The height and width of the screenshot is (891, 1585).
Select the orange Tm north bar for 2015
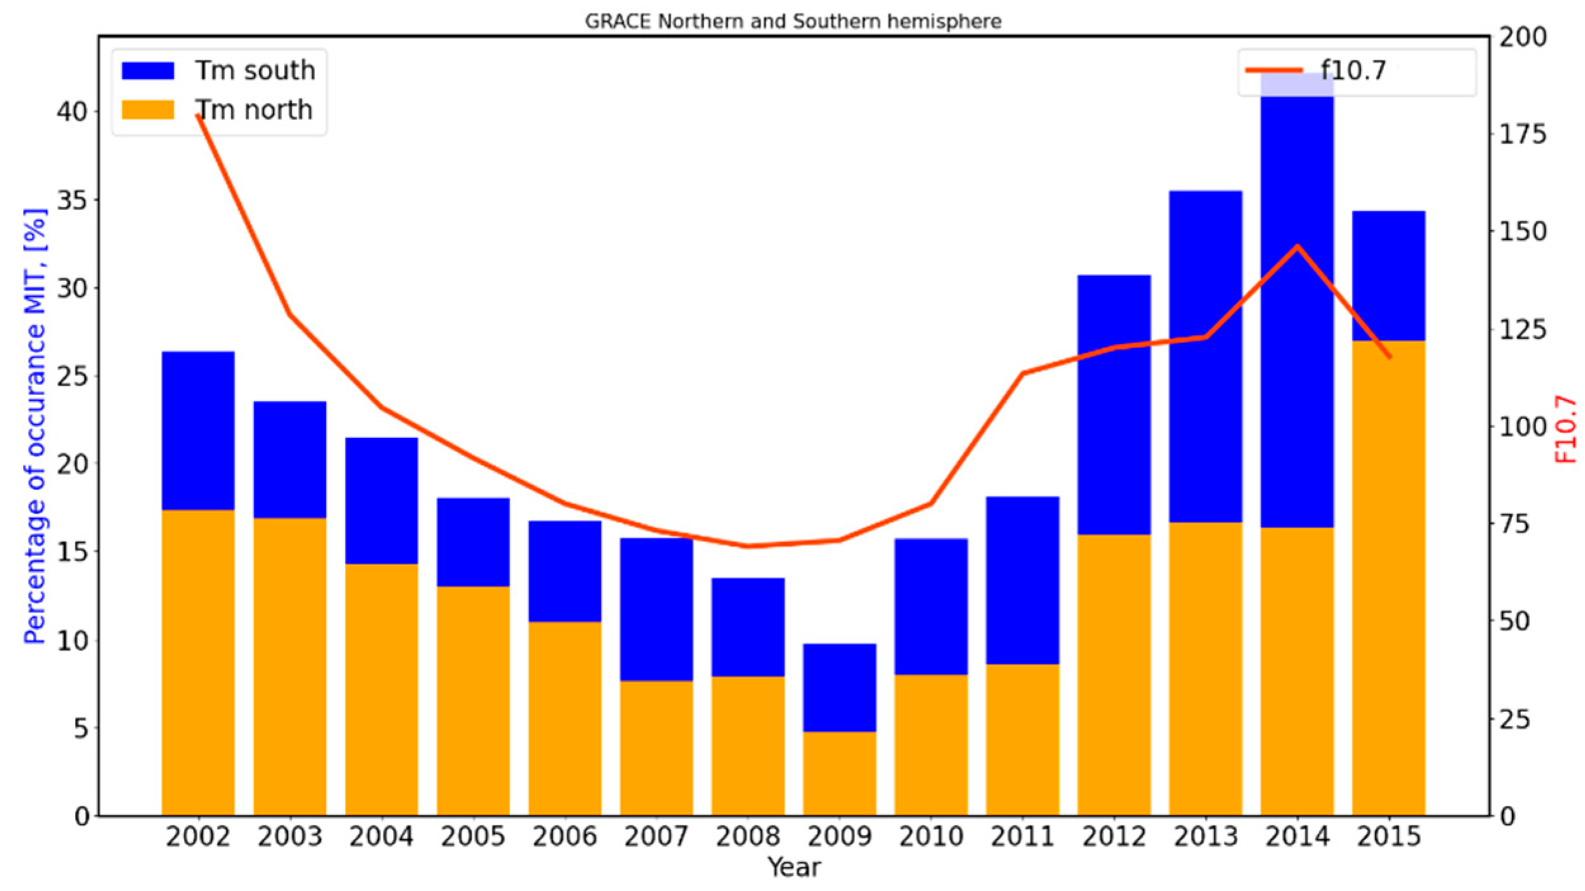(x=1388, y=577)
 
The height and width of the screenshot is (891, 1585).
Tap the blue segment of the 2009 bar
(x=839, y=688)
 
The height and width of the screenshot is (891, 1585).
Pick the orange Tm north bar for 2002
(x=198, y=663)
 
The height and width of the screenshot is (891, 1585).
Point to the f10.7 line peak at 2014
(x=1297, y=246)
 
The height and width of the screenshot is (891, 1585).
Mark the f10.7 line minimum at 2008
(x=748, y=546)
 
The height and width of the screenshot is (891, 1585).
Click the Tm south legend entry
(x=254, y=70)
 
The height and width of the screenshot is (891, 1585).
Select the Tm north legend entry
(x=254, y=110)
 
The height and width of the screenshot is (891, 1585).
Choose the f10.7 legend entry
(x=1353, y=70)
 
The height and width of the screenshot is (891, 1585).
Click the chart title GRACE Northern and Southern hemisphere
(x=792, y=22)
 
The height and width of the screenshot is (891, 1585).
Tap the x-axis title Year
(x=793, y=867)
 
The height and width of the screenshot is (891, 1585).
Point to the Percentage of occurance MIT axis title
(x=35, y=426)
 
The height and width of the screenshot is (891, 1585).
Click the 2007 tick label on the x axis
(x=656, y=836)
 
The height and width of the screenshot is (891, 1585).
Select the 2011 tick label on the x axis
(x=1023, y=836)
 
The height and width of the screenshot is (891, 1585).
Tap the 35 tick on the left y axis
(x=72, y=200)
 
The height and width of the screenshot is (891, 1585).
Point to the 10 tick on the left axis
(x=72, y=641)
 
